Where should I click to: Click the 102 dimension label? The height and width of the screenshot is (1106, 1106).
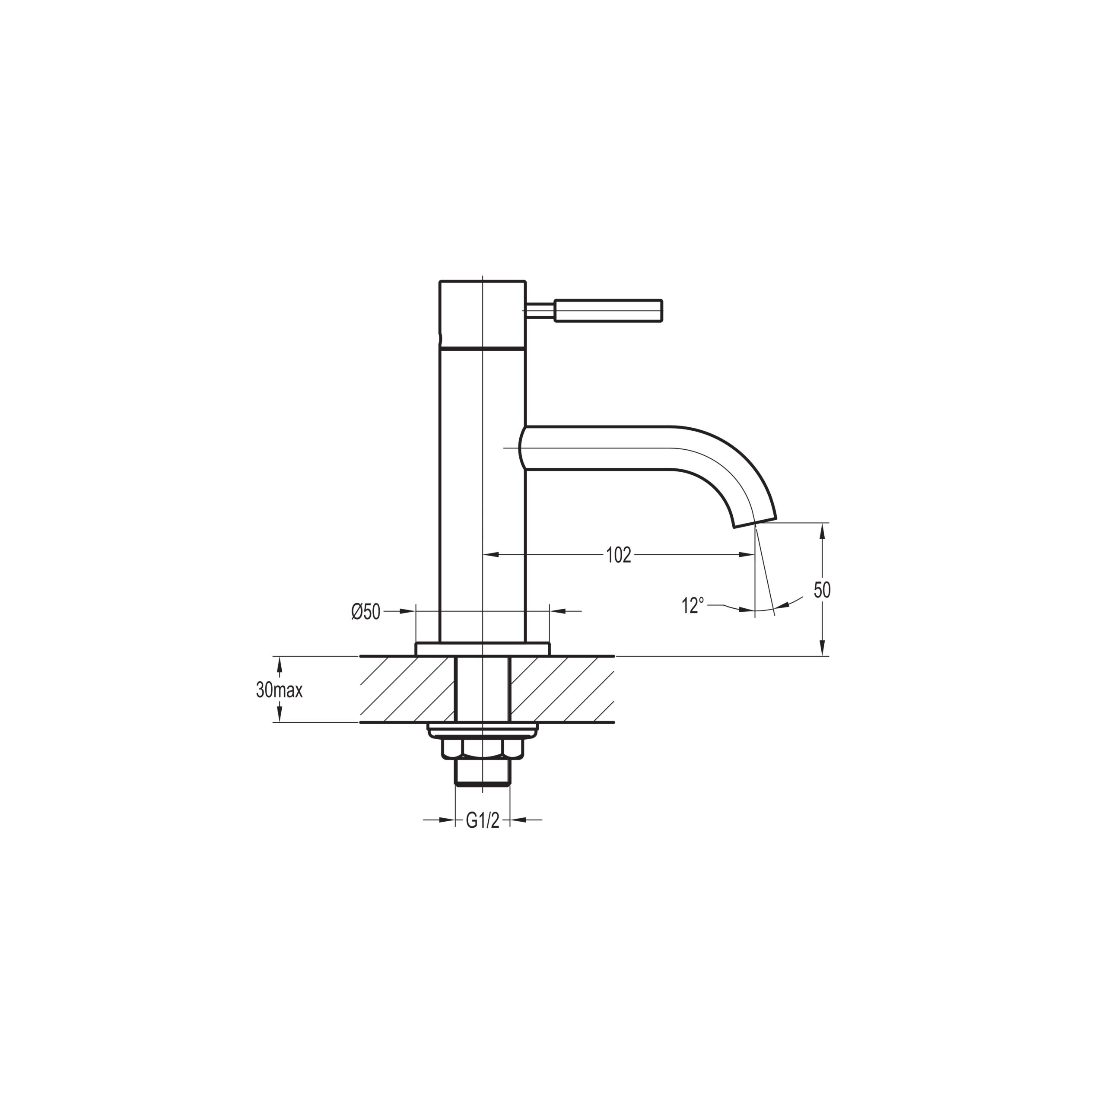pos(618,555)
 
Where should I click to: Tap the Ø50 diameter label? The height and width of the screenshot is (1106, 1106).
pos(366,611)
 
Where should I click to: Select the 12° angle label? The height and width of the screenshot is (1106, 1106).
pos(693,606)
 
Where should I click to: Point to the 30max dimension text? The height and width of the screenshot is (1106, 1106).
pos(280,690)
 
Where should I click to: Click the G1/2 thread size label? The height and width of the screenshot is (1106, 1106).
pos(483,821)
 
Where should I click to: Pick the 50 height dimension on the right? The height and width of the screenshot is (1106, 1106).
pos(822,590)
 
